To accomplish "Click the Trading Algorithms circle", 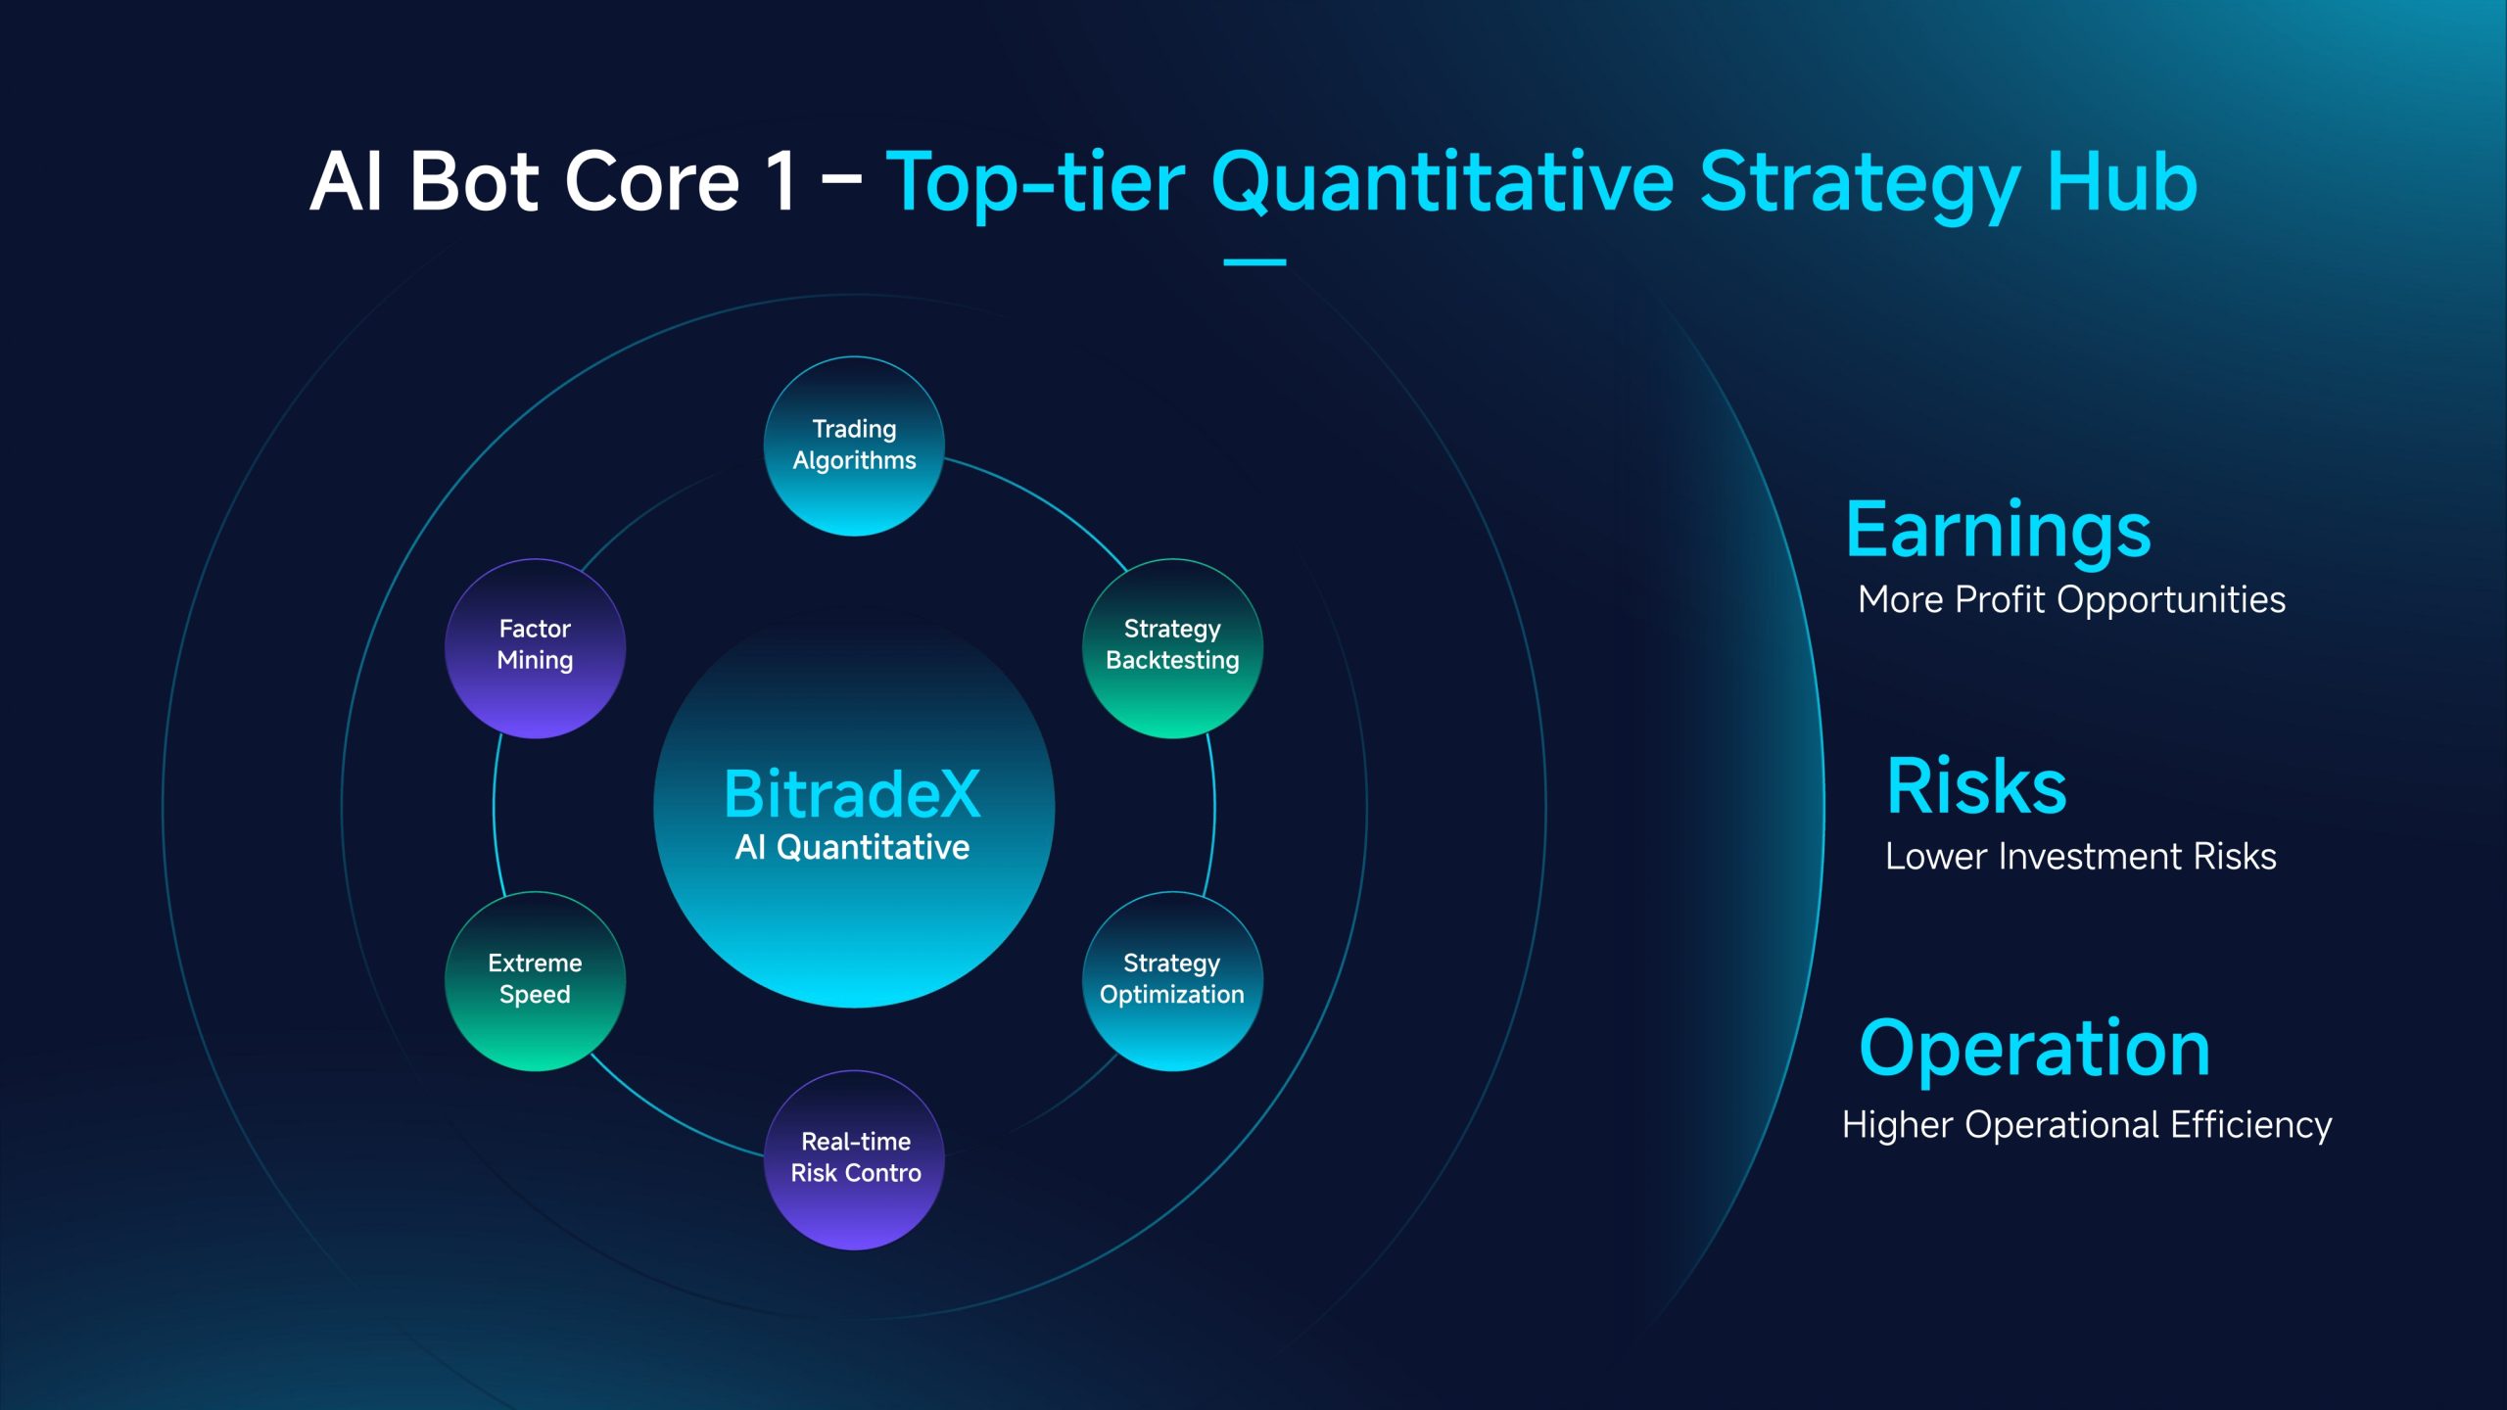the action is coord(854,446).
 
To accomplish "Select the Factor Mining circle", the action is coord(535,648).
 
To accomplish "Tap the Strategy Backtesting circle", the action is coord(1172,648).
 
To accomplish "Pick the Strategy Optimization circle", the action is coord(1172,981).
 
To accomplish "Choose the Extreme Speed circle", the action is coord(535,981).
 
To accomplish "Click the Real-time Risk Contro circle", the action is coord(854,1159).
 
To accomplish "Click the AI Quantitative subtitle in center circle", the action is coord(852,847).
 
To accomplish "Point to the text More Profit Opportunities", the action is coord(2072,599).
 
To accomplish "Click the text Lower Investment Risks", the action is coord(2081,856).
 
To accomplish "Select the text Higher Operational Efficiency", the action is coord(2087,1126).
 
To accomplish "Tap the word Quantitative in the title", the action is coord(1443,182).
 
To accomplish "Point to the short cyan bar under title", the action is coord(1254,262).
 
